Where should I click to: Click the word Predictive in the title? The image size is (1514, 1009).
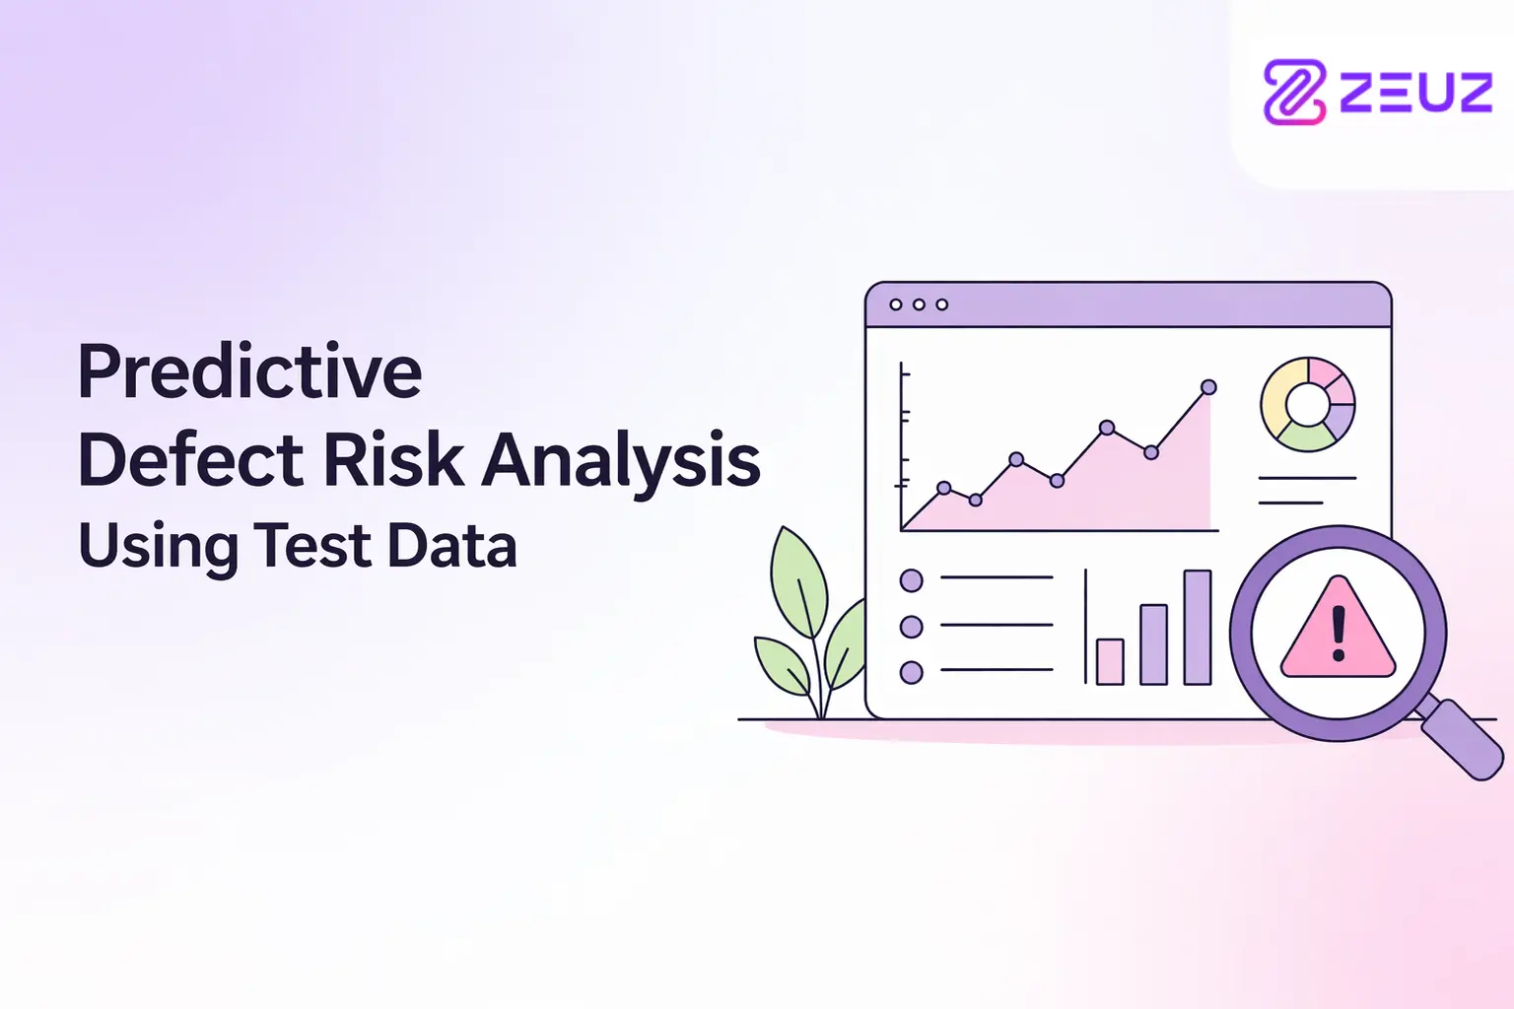pyautogui.click(x=250, y=372)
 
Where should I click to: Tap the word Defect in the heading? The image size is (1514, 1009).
pyautogui.click(x=190, y=460)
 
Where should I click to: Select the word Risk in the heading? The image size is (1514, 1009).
pyautogui.click(x=393, y=460)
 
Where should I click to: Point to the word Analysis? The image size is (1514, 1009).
pyautogui.click(x=620, y=465)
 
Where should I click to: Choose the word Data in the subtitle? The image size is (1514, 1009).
pyautogui.click(x=452, y=545)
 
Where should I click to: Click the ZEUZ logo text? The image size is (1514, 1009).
pyautogui.click(x=1416, y=93)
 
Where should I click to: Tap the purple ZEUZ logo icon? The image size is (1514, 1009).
pyautogui.click(x=1293, y=92)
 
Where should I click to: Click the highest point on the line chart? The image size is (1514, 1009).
pyautogui.click(x=1208, y=387)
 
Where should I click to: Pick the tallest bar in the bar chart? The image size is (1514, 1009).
pyautogui.click(x=1197, y=628)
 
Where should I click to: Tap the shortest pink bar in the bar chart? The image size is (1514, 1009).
pyautogui.click(x=1110, y=661)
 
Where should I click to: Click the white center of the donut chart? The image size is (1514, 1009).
pyautogui.click(x=1307, y=404)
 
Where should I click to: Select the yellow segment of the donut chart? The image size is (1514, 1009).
pyautogui.click(x=1275, y=400)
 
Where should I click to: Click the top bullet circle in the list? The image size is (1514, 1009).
pyautogui.click(x=911, y=580)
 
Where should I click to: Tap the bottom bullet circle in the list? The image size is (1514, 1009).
pyautogui.click(x=911, y=672)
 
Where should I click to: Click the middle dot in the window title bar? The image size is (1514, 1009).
pyautogui.click(x=919, y=304)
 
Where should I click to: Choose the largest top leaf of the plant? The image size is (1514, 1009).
pyautogui.click(x=800, y=582)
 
